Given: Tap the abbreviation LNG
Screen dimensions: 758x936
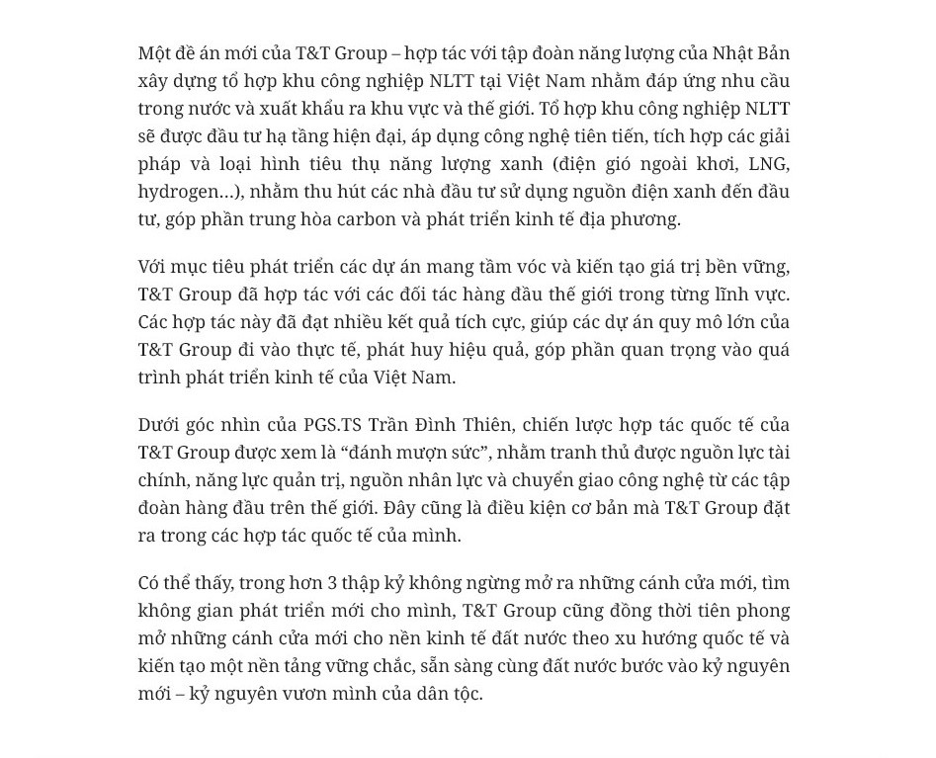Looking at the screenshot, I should coord(769,164).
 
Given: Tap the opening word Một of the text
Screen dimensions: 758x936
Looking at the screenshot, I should coord(153,53).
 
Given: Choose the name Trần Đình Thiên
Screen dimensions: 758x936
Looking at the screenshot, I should coord(441,425).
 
